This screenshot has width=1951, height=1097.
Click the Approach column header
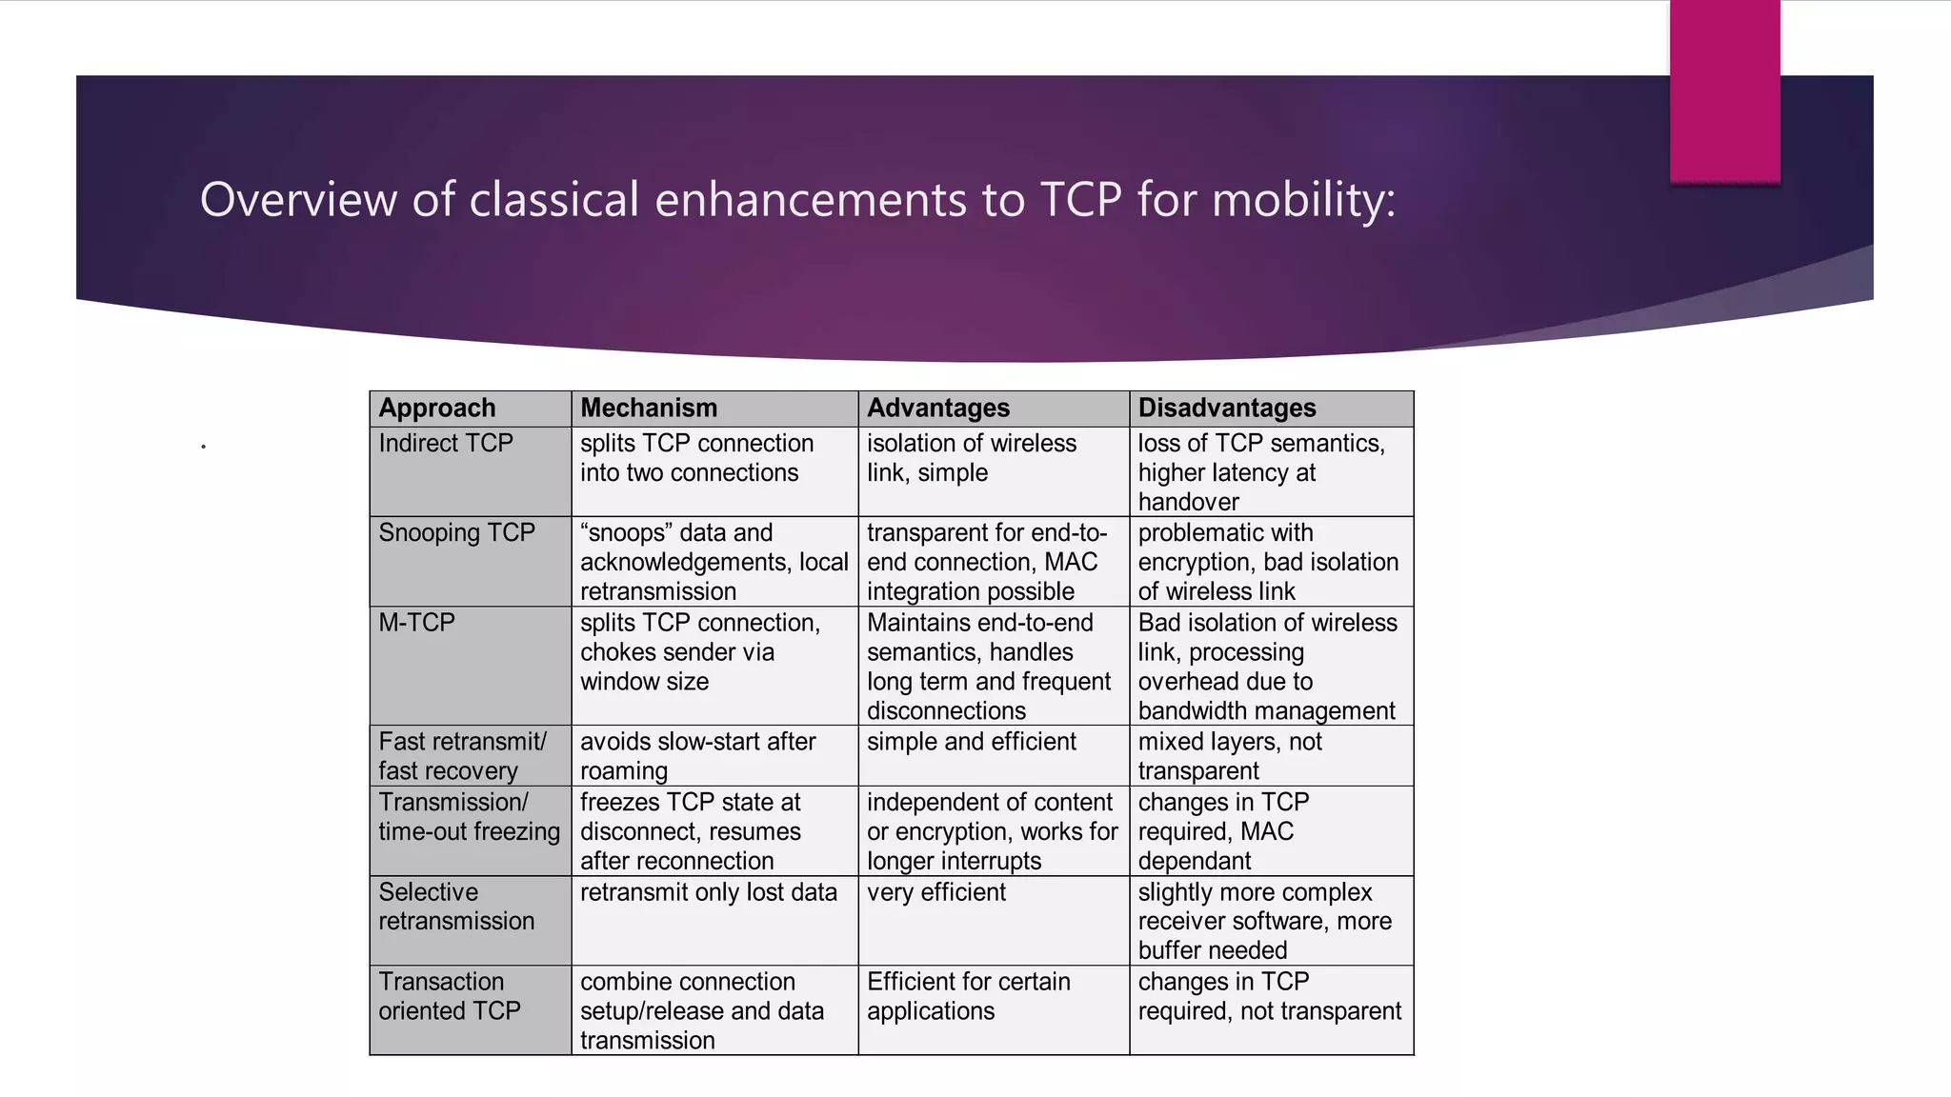437,409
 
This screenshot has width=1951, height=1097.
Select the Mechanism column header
649,409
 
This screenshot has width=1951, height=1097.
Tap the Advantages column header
938,409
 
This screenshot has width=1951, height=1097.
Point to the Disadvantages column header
1227,409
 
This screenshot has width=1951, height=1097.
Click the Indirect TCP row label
446,444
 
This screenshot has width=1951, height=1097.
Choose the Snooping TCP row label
457,533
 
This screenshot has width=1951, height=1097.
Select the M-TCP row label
417,623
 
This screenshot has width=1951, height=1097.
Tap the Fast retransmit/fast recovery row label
463,756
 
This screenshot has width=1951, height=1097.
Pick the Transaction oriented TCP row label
450,996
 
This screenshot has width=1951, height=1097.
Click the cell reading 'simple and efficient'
972,742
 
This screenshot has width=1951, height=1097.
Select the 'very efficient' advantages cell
936,892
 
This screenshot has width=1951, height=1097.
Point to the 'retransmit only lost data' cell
709,892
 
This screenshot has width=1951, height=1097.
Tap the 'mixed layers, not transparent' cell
1230,756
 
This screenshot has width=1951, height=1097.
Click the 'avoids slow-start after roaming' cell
698,756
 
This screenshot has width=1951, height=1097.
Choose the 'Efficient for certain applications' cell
969,996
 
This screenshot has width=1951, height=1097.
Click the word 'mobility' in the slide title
1303,200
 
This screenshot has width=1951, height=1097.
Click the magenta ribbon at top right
1724,90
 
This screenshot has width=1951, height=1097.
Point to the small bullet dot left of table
203,446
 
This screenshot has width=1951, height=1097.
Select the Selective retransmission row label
457,907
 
